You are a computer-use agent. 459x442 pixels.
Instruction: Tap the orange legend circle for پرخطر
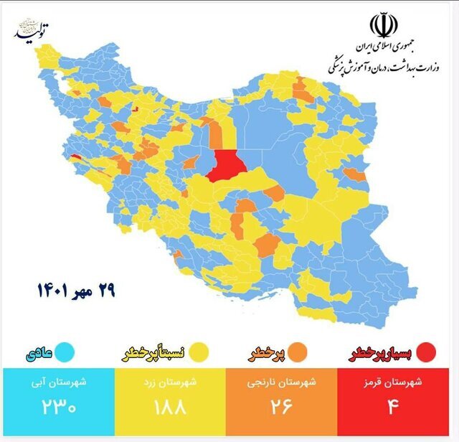click(x=298, y=353)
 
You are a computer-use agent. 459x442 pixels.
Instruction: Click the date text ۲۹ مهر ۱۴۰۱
click(x=76, y=291)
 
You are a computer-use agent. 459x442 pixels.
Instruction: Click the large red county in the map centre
click(x=226, y=166)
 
